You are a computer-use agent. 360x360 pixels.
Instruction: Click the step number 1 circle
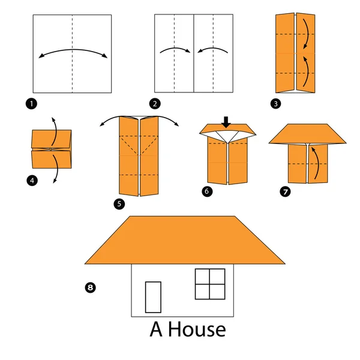(x=31, y=104)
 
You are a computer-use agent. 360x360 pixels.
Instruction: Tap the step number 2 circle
(x=156, y=104)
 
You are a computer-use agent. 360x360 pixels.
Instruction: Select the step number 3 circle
(x=275, y=104)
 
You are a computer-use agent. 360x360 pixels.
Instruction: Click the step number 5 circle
(x=121, y=204)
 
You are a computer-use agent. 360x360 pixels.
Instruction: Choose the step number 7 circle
(x=284, y=191)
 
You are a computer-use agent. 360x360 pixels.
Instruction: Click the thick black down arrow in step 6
(x=226, y=122)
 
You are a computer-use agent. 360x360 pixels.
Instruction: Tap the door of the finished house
(x=154, y=296)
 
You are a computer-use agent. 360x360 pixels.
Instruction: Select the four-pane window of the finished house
(x=210, y=283)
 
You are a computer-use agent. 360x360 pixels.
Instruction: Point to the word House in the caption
(x=197, y=329)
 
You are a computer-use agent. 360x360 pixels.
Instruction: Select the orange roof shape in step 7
(x=308, y=134)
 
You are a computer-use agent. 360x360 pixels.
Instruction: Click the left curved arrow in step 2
(x=174, y=51)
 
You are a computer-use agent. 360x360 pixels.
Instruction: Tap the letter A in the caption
(x=156, y=329)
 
